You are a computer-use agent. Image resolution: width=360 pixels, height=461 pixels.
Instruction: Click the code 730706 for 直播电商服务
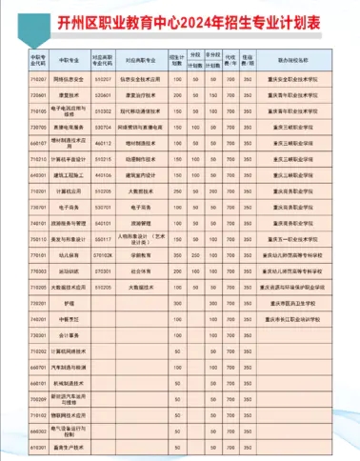click(39, 125)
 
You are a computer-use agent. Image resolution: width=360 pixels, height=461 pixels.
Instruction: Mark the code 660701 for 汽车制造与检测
click(39, 367)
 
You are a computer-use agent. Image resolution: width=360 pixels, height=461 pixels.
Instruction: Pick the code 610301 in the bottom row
click(39, 446)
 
